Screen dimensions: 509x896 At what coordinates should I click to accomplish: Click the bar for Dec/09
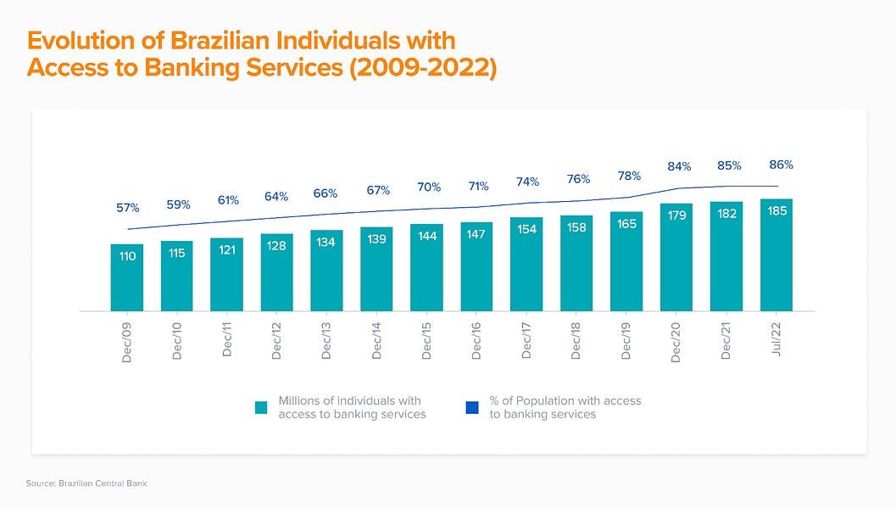pos(127,277)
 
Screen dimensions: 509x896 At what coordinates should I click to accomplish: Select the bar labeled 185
pos(776,255)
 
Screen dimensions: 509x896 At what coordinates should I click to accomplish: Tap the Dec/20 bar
pos(676,257)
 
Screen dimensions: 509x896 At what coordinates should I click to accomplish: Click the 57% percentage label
pos(127,208)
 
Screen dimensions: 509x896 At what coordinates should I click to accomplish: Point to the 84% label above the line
pos(680,166)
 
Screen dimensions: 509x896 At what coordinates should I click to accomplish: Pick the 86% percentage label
pos(781,165)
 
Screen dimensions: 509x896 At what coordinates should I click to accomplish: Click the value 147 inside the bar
pos(476,234)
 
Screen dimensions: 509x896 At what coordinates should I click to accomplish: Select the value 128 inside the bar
pos(276,245)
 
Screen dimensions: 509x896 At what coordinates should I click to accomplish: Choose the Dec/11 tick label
pos(226,340)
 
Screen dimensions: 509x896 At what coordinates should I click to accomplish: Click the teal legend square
pos(262,408)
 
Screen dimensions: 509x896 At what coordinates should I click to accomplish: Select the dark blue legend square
pos(472,408)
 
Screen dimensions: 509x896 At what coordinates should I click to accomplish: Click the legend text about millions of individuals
pos(352,407)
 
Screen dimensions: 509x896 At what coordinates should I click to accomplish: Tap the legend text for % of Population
pos(565,407)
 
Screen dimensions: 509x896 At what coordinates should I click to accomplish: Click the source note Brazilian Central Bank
pos(86,484)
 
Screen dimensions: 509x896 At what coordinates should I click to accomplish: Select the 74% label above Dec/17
pos(526,182)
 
